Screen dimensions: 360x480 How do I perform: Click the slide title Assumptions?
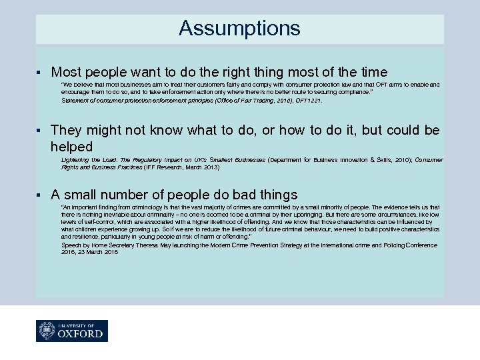tap(239, 29)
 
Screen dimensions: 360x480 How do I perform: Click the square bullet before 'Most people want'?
tap(41, 71)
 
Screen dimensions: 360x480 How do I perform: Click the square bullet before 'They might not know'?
tap(41, 130)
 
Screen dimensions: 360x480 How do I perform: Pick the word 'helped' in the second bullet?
tap(71, 146)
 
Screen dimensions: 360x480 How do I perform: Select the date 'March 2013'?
tap(203, 167)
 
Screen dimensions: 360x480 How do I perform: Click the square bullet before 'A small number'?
tap(41, 195)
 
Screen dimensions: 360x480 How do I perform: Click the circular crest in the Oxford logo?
tap(47, 330)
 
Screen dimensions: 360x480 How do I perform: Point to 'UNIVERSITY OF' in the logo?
tap(79, 323)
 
